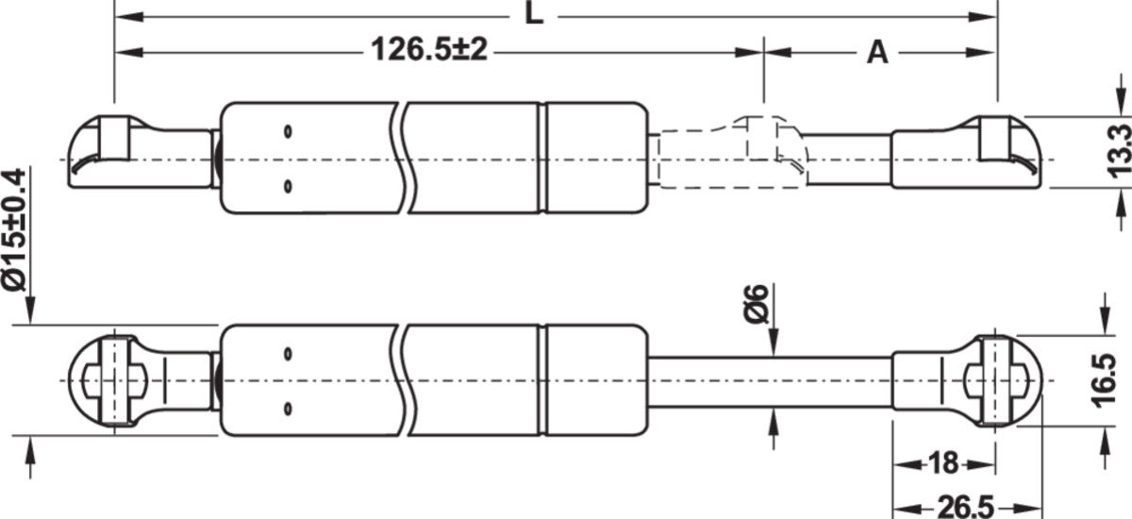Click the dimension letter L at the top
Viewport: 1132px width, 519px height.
[534, 16]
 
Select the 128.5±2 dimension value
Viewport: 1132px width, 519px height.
[430, 52]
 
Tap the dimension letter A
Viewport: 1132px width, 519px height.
[877, 53]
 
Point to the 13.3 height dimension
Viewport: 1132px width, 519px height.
[1120, 151]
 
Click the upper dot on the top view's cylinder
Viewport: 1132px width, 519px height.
[289, 130]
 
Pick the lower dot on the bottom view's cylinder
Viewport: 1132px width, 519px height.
[289, 409]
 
